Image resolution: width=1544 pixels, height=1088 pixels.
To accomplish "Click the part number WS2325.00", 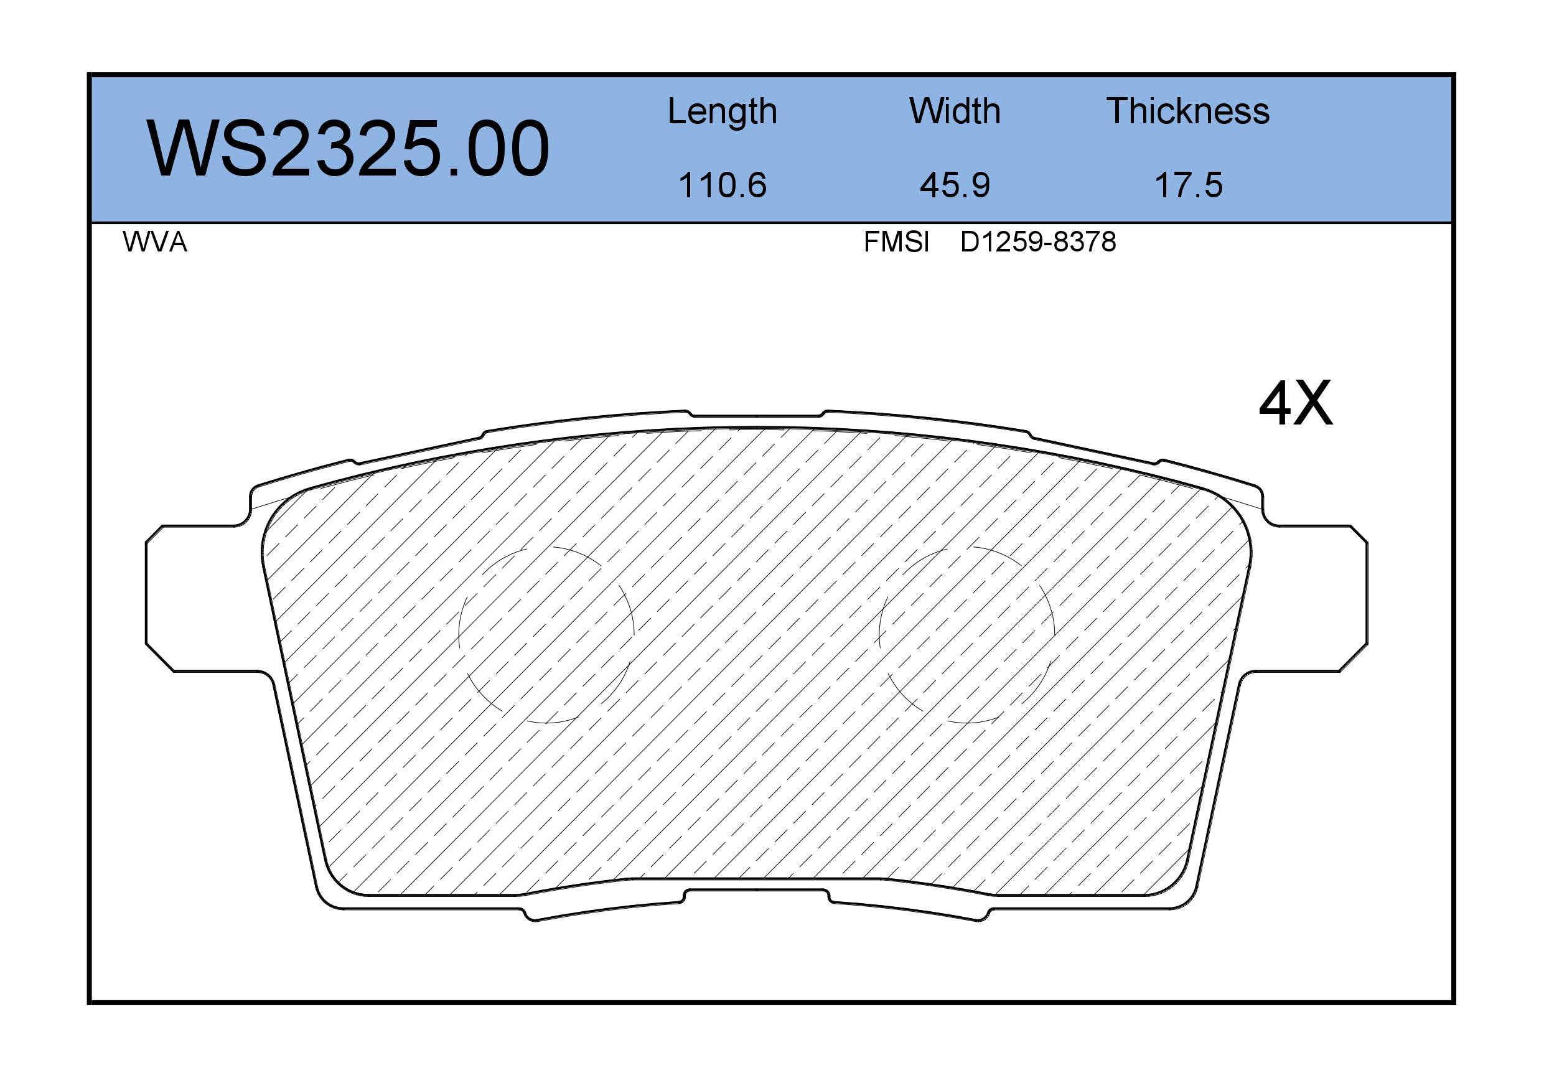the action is coord(349,149).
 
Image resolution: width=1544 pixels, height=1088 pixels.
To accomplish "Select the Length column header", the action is coord(723,111).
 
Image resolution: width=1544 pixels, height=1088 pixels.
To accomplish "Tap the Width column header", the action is coord(955,111).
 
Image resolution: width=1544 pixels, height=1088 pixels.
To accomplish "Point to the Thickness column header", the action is coord(1188,111).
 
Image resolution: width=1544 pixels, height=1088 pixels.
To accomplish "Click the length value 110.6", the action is coord(723,185).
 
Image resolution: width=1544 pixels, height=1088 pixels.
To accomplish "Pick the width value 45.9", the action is coord(955,185).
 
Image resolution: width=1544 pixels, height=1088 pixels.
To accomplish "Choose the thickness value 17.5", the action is coord(1188,185).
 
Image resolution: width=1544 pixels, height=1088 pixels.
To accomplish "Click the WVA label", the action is coord(155,242).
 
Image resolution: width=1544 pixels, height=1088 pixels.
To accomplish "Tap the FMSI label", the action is coord(896,242).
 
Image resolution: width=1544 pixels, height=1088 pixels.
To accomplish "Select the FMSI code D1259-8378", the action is coord(1038,242).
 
